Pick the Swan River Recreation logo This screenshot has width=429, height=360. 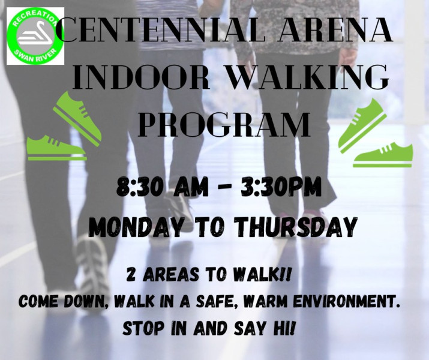(35, 36)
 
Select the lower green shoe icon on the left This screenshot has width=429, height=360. (56, 148)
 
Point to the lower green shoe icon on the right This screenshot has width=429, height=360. (382, 155)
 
